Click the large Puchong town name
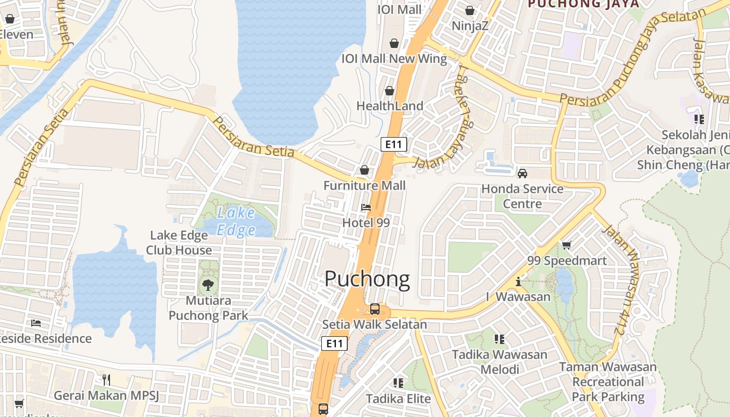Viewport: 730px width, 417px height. coord(367,279)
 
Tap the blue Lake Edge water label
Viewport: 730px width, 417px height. coord(236,222)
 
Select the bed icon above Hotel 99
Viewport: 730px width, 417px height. coord(366,207)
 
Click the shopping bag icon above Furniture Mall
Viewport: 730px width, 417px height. coord(364,170)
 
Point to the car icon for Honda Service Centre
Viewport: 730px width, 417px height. coord(522,173)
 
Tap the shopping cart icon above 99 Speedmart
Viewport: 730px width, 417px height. coord(567,245)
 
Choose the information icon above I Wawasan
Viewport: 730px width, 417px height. coord(518,281)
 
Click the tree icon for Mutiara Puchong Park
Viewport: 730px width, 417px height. coord(208,285)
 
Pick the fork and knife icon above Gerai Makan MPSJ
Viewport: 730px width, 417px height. coord(106,379)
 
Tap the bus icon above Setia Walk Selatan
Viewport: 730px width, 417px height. coord(374,309)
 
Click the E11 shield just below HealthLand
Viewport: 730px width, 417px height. coord(393,144)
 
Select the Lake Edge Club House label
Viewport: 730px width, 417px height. coord(179,243)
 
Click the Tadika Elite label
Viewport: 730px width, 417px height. coord(398,399)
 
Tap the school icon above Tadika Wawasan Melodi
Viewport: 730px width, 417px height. coord(500,339)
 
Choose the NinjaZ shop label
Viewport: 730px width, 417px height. coord(470,26)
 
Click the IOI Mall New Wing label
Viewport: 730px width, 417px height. coord(394,58)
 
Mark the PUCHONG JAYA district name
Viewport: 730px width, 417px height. coord(583,4)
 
